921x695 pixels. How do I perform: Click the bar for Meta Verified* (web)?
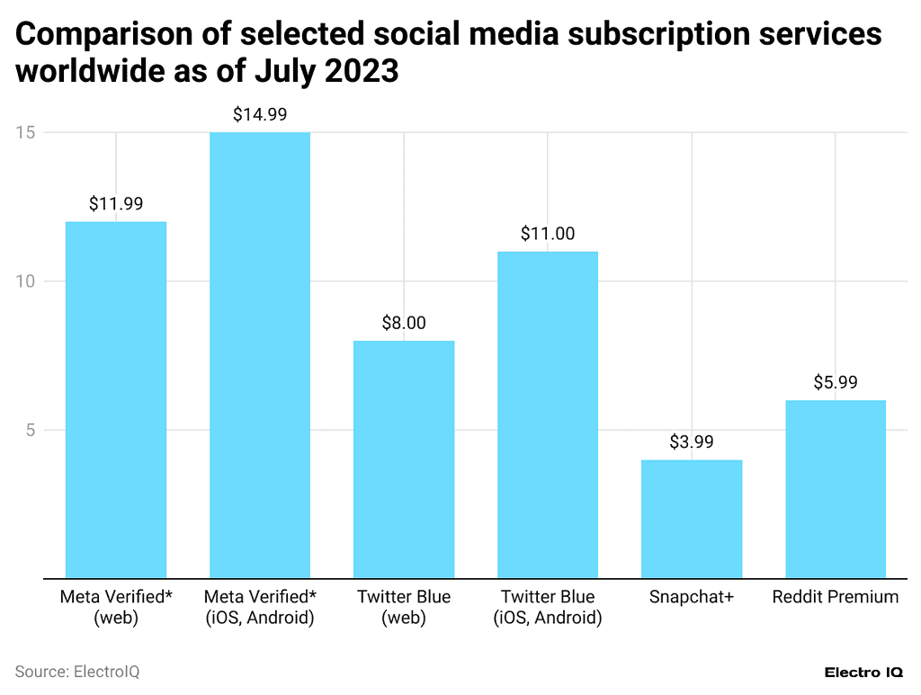[x=115, y=399]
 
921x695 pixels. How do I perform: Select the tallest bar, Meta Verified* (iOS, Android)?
[x=259, y=355]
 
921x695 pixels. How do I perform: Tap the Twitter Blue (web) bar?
[x=403, y=459]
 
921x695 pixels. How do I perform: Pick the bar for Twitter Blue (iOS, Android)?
[x=547, y=414]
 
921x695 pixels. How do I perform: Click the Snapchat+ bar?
[x=691, y=519]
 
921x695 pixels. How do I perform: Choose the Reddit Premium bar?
[x=835, y=489]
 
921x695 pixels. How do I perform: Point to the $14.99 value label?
[x=259, y=114]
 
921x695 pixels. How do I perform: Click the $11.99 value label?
[x=115, y=204]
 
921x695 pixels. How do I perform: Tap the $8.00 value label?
[x=403, y=323]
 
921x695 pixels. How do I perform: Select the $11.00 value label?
[x=547, y=234]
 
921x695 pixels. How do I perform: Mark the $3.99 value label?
[x=691, y=442]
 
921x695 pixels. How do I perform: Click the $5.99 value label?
[x=835, y=382]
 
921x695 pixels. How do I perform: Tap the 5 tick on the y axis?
[x=30, y=430]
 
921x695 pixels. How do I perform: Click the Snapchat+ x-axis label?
[x=691, y=597]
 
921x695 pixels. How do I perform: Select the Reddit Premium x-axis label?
[x=835, y=597]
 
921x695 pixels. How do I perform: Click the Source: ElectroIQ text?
[x=77, y=672]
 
